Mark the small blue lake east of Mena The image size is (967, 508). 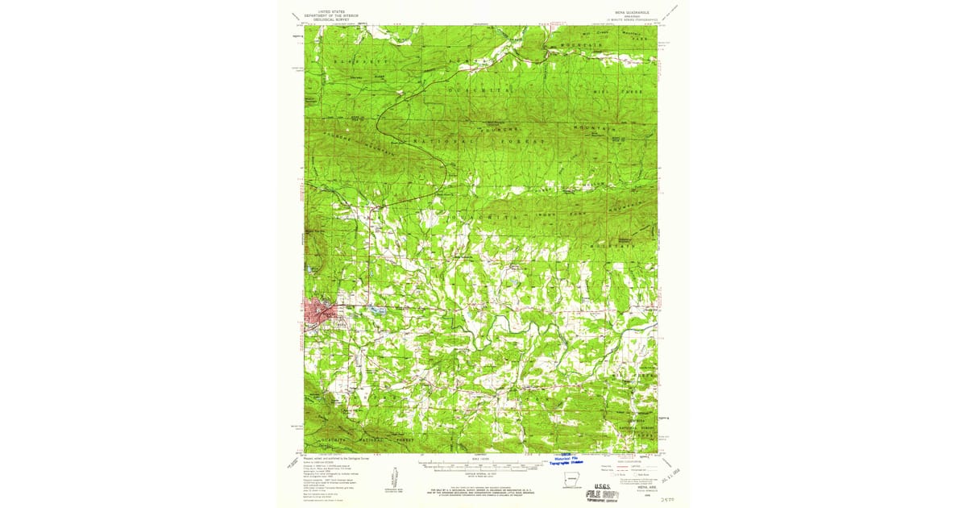pos(371,309)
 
